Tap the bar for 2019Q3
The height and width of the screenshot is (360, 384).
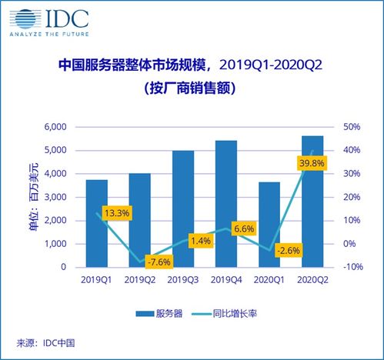click(183, 208)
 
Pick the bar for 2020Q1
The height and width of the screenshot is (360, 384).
click(269, 225)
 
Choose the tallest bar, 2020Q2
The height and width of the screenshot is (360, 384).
click(312, 202)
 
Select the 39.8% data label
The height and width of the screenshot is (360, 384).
click(310, 163)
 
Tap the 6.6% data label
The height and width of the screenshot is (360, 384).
click(245, 228)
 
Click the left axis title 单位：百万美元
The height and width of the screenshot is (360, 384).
click(32, 197)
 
